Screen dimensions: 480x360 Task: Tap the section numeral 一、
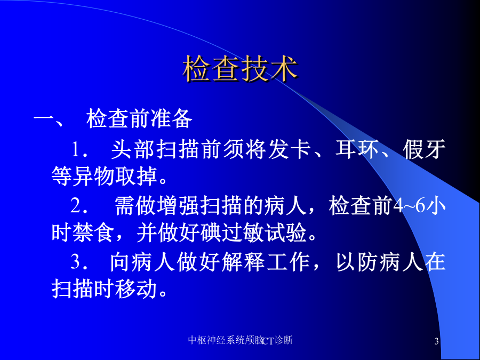pos(49,119)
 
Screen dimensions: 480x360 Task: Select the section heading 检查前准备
pos(139,118)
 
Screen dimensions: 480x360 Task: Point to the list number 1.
pos(79,150)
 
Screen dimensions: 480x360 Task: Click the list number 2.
pos(79,205)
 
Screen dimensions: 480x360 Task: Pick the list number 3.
pos(79,262)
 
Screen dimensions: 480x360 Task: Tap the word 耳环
pos(357,150)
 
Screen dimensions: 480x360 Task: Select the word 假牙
pos(424,150)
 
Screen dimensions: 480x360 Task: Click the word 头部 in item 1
pos(133,150)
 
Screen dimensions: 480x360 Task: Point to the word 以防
pos(357,262)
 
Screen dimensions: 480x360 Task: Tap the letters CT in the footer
pos(268,341)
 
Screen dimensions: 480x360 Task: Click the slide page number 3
pos(436,341)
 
